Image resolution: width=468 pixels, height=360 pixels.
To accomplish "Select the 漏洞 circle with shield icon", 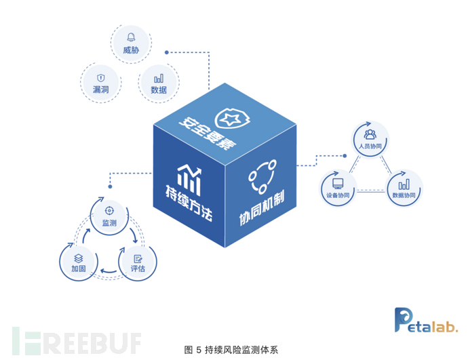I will pyautogui.click(x=102, y=81).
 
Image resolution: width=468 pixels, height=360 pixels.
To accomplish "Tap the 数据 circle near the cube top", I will pyautogui.click(x=159, y=83).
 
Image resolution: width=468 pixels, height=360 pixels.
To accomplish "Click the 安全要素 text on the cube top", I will pyautogui.click(x=204, y=125).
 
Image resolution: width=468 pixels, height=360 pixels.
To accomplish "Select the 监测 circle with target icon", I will pyautogui.click(x=109, y=216).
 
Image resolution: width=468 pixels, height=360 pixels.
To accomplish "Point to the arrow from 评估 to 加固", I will pyautogui.click(x=108, y=272).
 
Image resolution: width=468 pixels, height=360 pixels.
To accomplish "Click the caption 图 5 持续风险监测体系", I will pyautogui.click(x=231, y=350).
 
